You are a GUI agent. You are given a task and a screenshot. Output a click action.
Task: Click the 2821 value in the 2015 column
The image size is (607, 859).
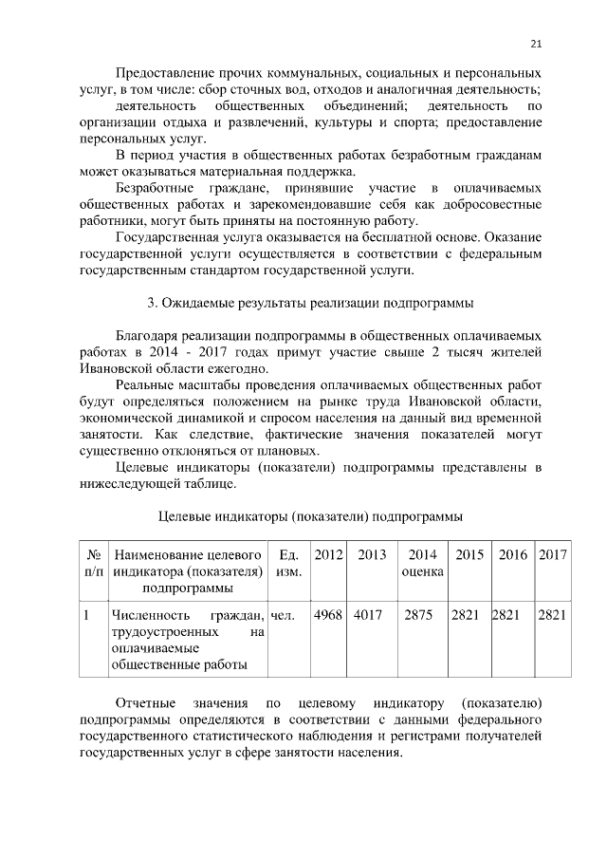point(465,615)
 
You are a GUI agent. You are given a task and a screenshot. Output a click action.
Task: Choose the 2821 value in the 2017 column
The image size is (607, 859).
point(551,615)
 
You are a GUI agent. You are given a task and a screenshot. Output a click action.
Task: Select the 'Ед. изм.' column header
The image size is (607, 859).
point(285,563)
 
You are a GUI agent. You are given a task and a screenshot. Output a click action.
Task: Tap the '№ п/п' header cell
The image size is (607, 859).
point(93,563)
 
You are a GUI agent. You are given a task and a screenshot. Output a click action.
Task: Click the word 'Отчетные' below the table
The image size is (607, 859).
point(145,703)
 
